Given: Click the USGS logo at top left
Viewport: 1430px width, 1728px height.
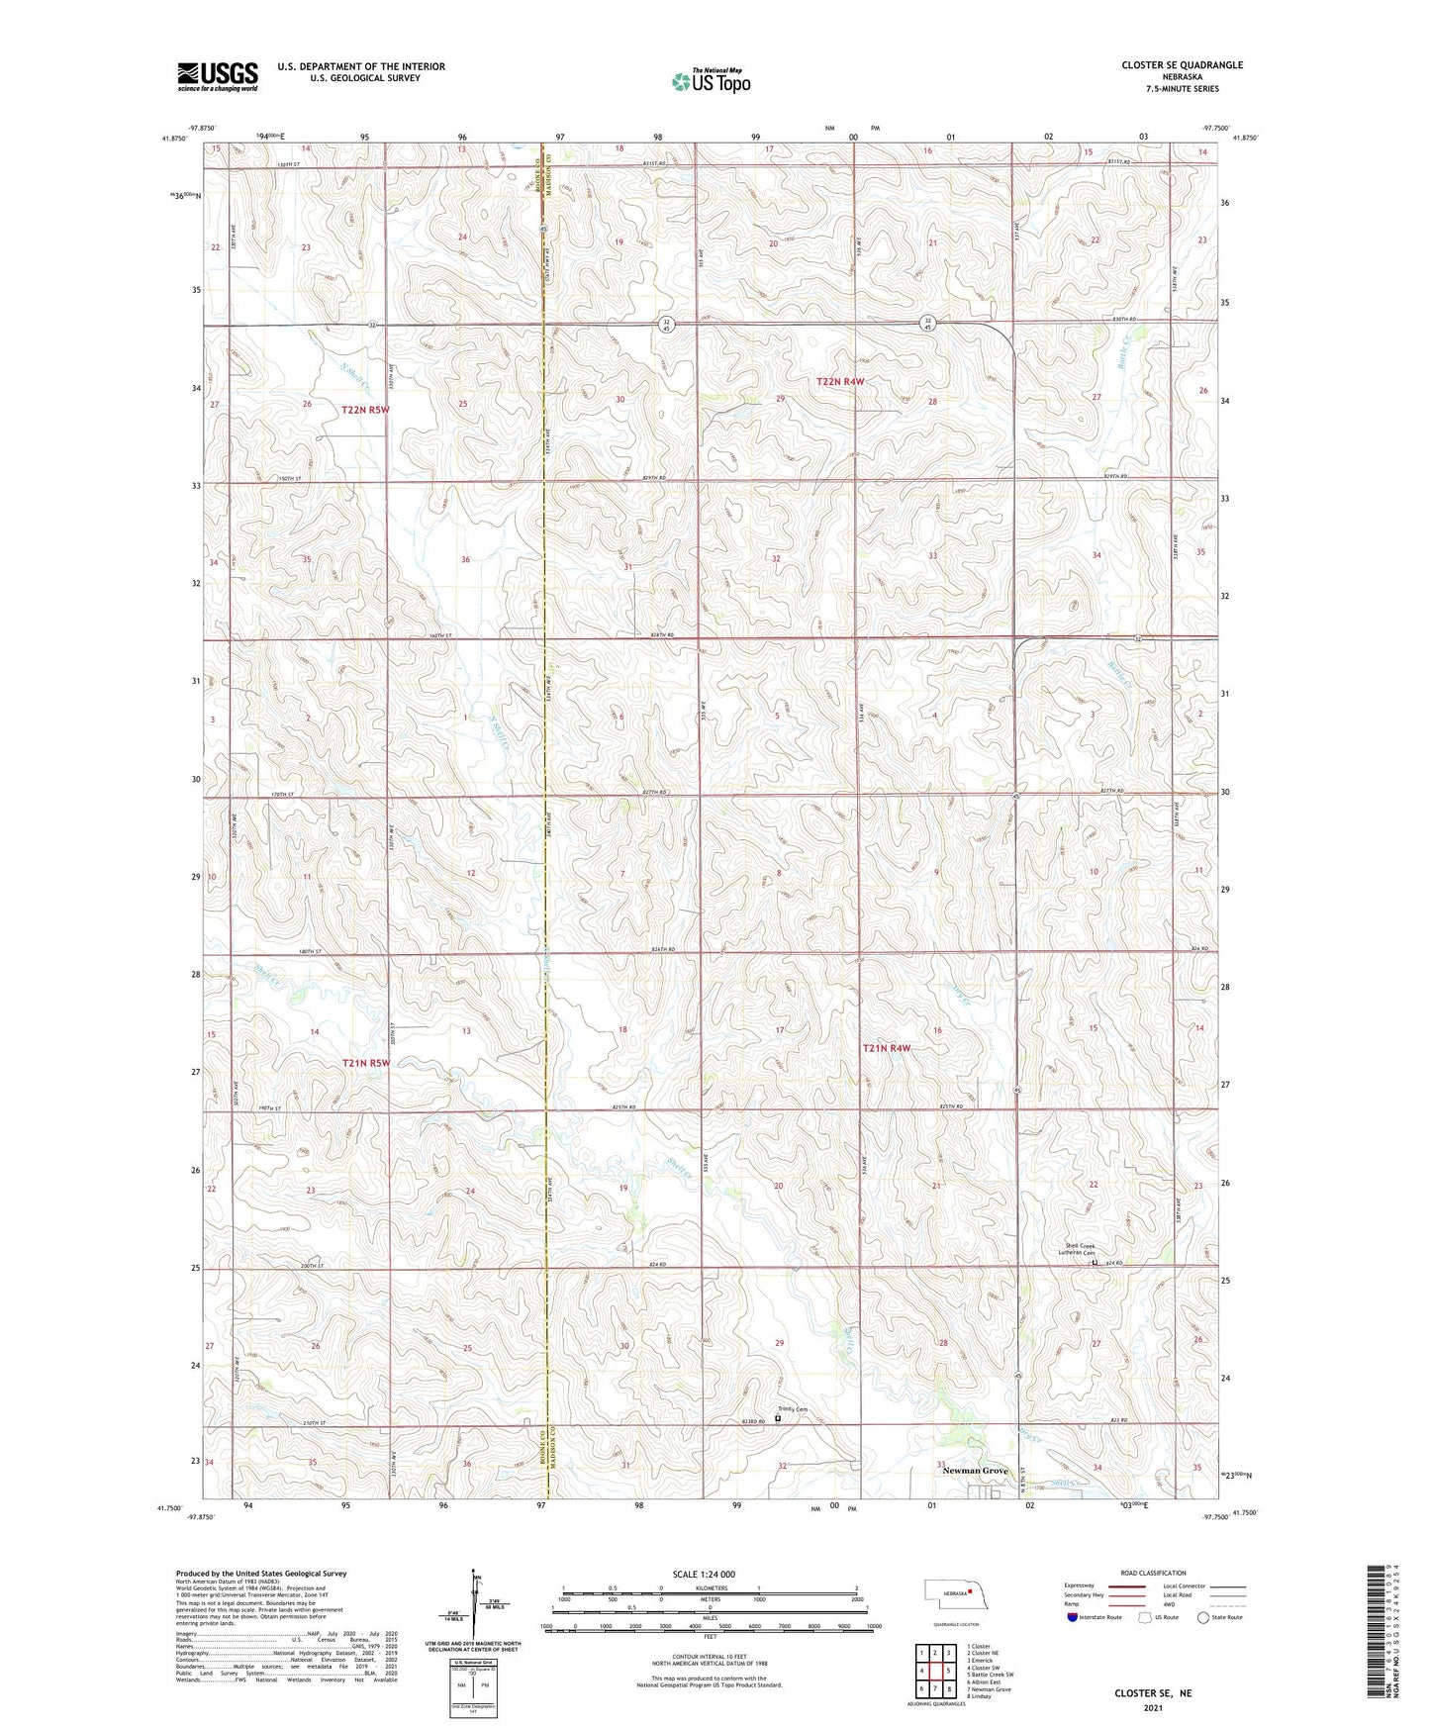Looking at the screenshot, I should coord(218,75).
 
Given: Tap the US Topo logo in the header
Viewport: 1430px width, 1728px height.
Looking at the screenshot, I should coord(710,81).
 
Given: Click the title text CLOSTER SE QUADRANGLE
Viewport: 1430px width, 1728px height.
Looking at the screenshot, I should coord(1182,65).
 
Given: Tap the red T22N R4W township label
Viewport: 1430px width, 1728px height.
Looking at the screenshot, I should coord(840,381).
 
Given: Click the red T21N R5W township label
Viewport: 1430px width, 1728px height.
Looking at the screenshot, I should coord(366,1063).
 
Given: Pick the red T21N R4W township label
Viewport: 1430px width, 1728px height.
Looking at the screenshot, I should coord(886,1048).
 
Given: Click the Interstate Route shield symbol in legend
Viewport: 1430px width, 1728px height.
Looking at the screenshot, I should coord(1074,1617).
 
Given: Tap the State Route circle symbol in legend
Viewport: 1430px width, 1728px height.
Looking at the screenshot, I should coord(1203,1617).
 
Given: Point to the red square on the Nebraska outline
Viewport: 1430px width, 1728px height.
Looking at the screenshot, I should coord(972,1591).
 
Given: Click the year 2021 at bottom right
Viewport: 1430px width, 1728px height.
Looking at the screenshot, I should coord(1153,1708).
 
